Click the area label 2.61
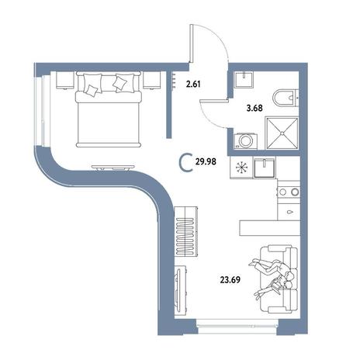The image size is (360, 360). [x=193, y=84]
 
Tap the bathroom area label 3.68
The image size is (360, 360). [x=254, y=108]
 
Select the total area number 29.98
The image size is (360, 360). [x=206, y=162]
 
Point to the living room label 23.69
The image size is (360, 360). [x=230, y=279]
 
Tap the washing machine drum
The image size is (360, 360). [x=244, y=140]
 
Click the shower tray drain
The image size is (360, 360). [x=282, y=133]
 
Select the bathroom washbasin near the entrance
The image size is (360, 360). [x=244, y=79]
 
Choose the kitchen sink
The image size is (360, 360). [x=264, y=168]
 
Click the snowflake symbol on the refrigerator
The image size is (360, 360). [x=241, y=168]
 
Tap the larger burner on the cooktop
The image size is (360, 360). [x=295, y=192]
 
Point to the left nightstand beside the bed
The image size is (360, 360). [x=64, y=80]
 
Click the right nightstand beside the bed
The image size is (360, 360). [x=152, y=80]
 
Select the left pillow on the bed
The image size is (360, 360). [x=93, y=83]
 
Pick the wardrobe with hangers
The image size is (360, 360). [x=186, y=231]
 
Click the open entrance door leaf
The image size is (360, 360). [x=192, y=43]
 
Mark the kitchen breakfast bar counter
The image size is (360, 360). [x=270, y=228]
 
